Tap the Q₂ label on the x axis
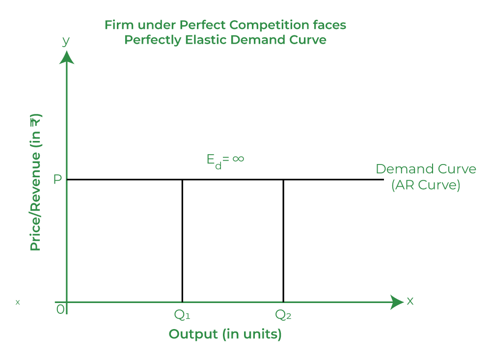(283, 315)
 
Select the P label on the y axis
(57, 179)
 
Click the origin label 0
(60, 309)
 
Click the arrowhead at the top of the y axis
(67, 57)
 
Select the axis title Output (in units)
(225, 334)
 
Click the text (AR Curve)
(426, 186)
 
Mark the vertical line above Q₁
(182, 241)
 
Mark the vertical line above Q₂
(283, 241)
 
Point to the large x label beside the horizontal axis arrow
(410, 301)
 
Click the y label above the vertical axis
(66, 41)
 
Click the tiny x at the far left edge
(18, 302)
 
